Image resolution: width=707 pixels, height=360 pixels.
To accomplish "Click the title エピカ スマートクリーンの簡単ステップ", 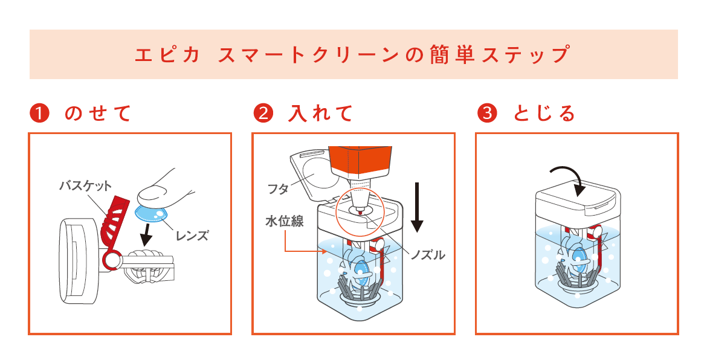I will tap(353, 55).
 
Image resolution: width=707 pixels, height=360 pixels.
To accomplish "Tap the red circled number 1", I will tap(39, 113).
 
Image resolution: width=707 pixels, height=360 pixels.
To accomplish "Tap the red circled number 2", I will tap(262, 113).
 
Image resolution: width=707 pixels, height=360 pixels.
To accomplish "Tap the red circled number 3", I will tap(486, 113).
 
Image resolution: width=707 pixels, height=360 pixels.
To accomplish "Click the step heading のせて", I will tap(97, 113).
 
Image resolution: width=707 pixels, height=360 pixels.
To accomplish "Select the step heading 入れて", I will tap(320, 113).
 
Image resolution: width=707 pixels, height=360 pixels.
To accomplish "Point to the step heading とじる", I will tap(544, 113).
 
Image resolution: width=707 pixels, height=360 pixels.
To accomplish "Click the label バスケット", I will tap(85, 185).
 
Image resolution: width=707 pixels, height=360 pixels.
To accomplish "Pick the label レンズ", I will tap(192, 236).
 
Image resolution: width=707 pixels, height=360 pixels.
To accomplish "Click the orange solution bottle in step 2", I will tap(360, 159).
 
